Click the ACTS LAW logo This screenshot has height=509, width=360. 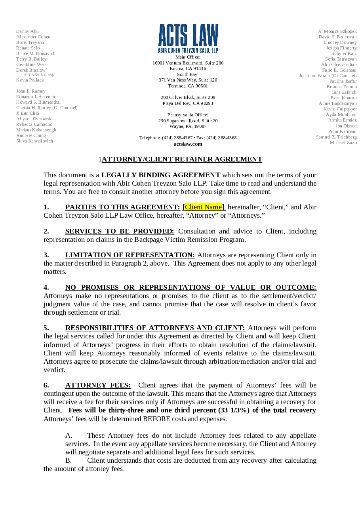pos(188,38)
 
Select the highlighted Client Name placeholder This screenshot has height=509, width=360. pos(203,207)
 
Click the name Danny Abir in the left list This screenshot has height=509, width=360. pos(28,31)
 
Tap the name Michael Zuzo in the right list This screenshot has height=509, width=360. pos(343,142)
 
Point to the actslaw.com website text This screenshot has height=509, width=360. pos(188,144)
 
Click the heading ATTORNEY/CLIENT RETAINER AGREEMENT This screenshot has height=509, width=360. pos(182,159)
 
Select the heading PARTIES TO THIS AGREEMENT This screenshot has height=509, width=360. pos(122,207)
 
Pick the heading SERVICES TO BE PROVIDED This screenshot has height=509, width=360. pos(120,231)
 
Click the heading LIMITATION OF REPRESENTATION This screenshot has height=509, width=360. pos(130,255)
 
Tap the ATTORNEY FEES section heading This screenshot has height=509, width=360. pos(98,385)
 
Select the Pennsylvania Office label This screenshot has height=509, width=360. pos(188,115)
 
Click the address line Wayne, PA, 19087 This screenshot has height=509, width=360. pos(188,126)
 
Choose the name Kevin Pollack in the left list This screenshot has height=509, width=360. pos(30,80)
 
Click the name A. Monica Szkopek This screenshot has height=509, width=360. pos(337,31)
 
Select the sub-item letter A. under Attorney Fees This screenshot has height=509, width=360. pos(69,435)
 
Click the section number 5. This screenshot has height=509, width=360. pos(46,328)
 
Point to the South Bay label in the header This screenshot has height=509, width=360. pos(188,74)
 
